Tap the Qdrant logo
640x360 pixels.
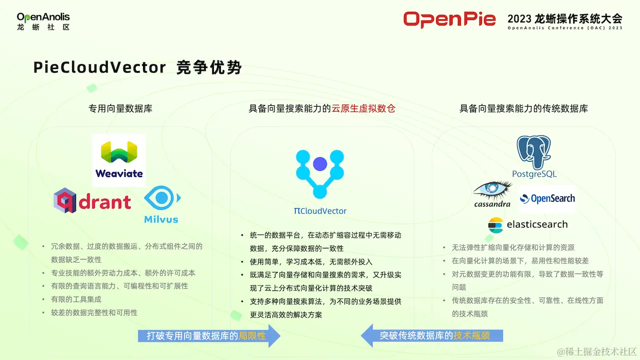[x=92, y=201]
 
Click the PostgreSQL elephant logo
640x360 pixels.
[x=534, y=156]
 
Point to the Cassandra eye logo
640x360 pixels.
[x=492, y=194]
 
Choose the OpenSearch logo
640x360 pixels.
[x=547, y=198]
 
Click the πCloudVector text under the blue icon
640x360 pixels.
[x=320, y=211]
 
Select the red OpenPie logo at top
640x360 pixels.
[x=449, y=19]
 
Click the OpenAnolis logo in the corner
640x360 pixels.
[x=43, y=21]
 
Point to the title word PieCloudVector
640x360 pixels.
[x=99, y=67]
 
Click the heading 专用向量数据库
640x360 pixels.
[x=120, y=108]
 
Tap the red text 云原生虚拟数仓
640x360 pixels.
[x=363, y=108]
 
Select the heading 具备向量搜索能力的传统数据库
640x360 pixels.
[x=523, y=108]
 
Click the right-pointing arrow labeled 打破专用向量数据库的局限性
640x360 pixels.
[x=209, y=335]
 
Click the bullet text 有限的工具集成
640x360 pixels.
[x=76, y=299]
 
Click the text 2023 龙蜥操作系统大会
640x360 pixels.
[x=565, y=19]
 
